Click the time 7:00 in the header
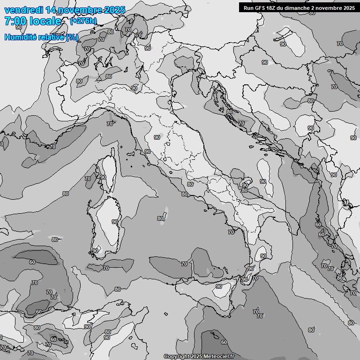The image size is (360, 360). tap(15, 21)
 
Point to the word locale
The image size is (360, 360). tap(45, 21)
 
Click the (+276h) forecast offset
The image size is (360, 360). tap(83, 21)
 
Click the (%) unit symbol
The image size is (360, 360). tap(72, 37)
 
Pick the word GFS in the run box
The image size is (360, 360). tap(259, 8)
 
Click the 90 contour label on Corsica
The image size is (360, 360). tap(103, 177)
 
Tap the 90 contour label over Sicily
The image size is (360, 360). tap(219, 286)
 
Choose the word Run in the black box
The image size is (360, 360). tap(248, 8)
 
